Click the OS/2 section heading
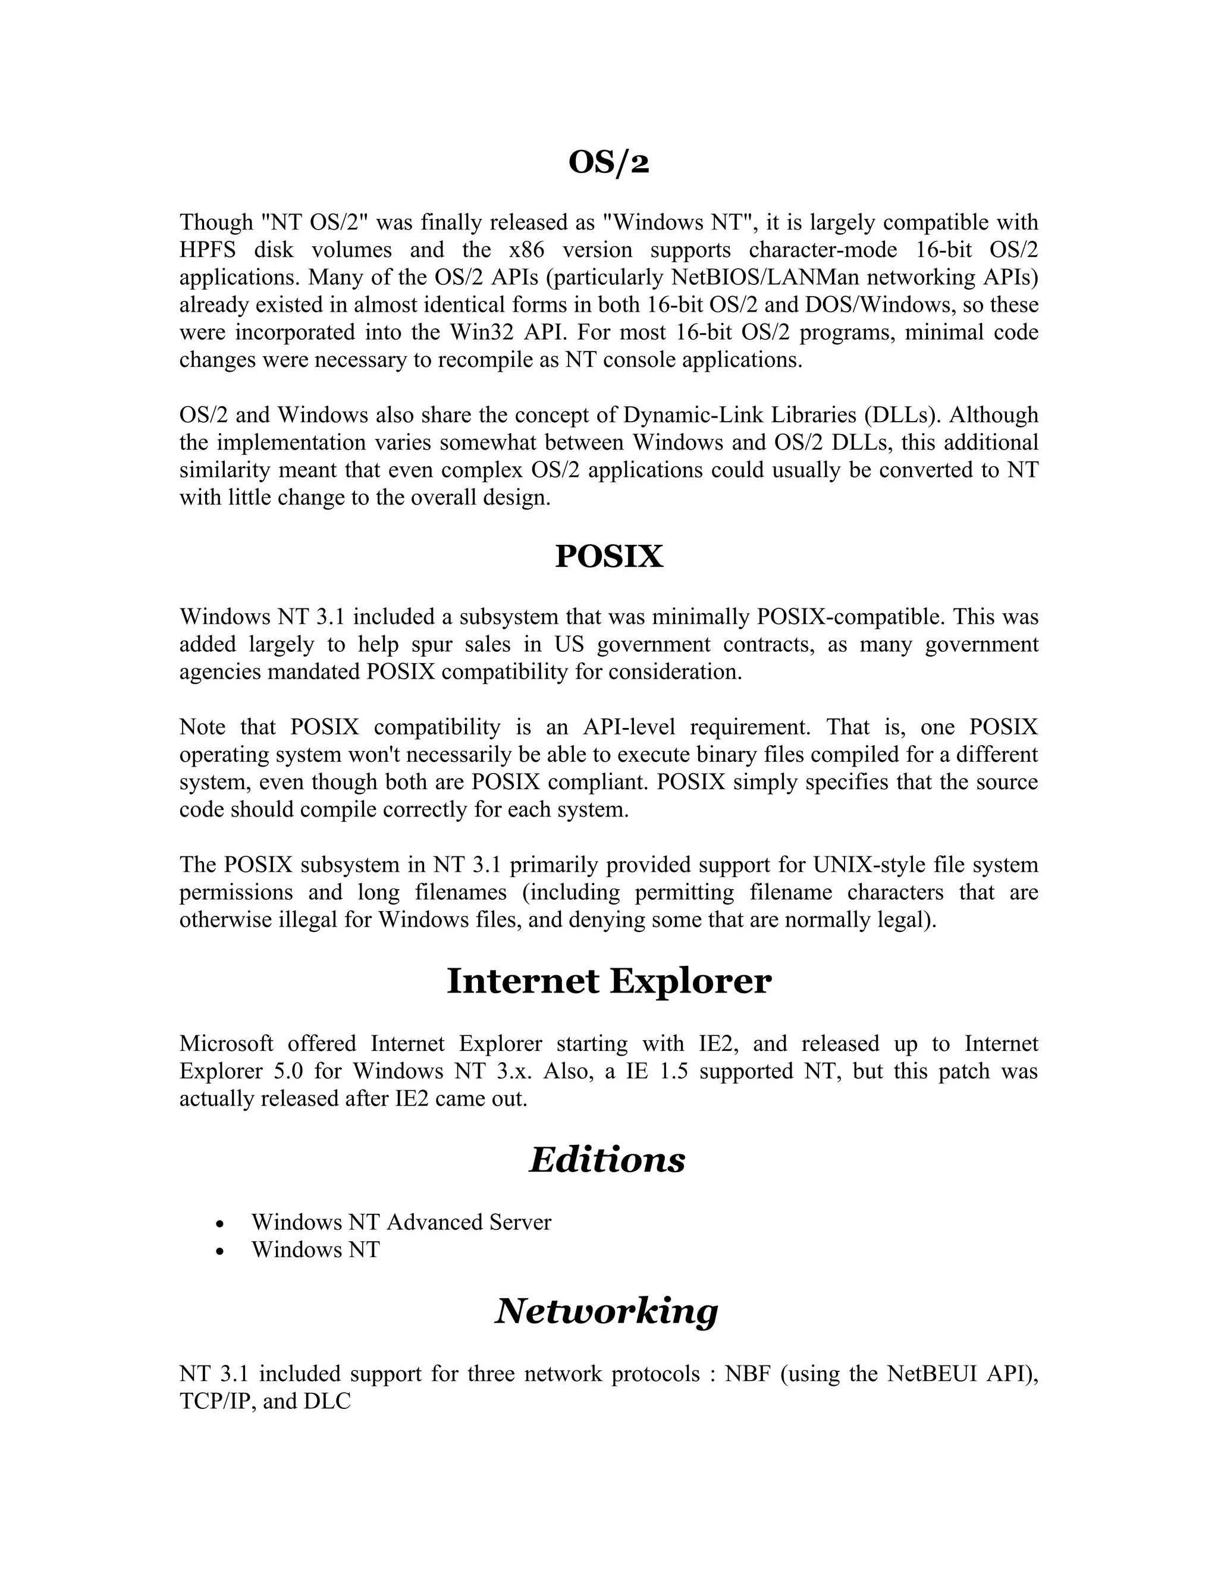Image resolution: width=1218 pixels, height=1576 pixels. tap(608, 163)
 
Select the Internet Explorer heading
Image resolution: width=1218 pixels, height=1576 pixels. tap(608, 981)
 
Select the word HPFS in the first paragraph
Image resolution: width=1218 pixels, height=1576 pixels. tap(208, 250)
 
